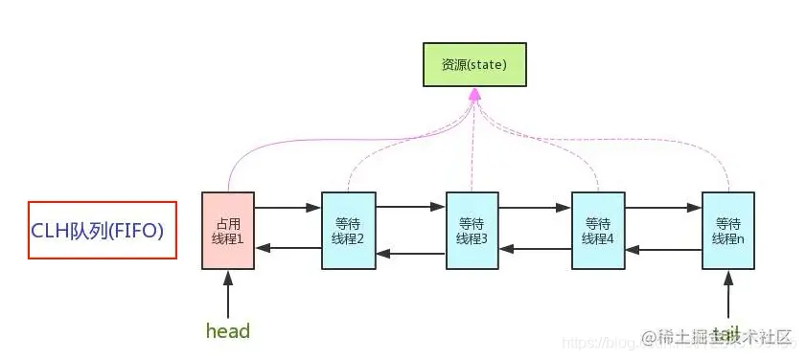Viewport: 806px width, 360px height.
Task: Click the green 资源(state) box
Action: (x=473, y=64)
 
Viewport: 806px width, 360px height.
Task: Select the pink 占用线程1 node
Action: (x=227, y=230)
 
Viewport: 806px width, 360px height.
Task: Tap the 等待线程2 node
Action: (x=348, y=230)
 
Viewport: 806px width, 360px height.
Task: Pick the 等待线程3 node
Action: (x=472, y=230)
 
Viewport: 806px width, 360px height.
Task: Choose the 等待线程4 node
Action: (x=598, y=230)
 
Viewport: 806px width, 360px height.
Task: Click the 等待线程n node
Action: (x=727, y=230)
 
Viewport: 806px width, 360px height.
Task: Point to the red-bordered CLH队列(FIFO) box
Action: (x=103, y=230)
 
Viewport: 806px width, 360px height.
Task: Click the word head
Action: (x=228, y=331)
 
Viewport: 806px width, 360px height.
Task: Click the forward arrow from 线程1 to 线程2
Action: (x=287, y=206)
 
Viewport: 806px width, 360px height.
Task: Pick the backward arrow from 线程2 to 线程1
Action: (x=287, y=248)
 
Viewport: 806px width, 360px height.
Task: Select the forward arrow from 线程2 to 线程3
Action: (x=410, y=206)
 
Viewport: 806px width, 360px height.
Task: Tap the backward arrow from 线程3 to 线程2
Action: (x=410, y=254)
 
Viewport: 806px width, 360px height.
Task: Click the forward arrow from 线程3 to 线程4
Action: (x=536, y=206)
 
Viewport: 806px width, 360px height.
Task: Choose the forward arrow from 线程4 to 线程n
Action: (x=663, y=206)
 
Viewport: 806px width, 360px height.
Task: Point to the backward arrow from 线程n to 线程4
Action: (x=663, y=249)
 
